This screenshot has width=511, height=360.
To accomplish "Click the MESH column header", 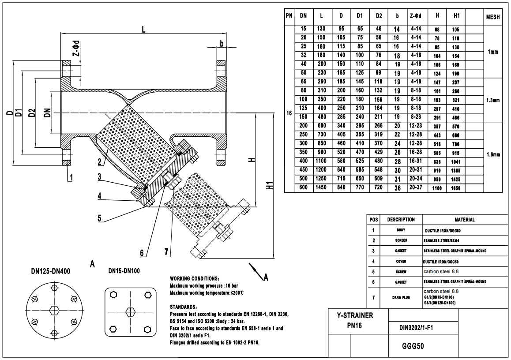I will coord(493,18).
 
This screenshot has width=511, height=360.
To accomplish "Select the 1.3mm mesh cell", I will coord(493,100).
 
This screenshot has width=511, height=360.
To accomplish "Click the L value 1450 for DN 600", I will coord(321,188).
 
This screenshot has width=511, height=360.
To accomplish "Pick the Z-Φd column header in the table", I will coord(415,15).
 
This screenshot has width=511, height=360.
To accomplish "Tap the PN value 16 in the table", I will coord(289,113).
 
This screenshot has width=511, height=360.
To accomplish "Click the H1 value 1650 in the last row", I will coord(456,188).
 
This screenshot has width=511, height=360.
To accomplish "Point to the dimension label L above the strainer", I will coord(144,29).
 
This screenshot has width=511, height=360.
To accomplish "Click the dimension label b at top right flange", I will coord(221,44).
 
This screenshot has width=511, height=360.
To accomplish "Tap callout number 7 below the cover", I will coord(166,252).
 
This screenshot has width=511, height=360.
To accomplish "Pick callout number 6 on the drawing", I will coord(142,253).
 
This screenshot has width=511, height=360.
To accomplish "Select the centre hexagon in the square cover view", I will coord(130,311).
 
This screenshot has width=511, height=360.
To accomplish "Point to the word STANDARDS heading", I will coord(183,307).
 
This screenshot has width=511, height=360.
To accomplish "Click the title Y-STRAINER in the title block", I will coord(355,315).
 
